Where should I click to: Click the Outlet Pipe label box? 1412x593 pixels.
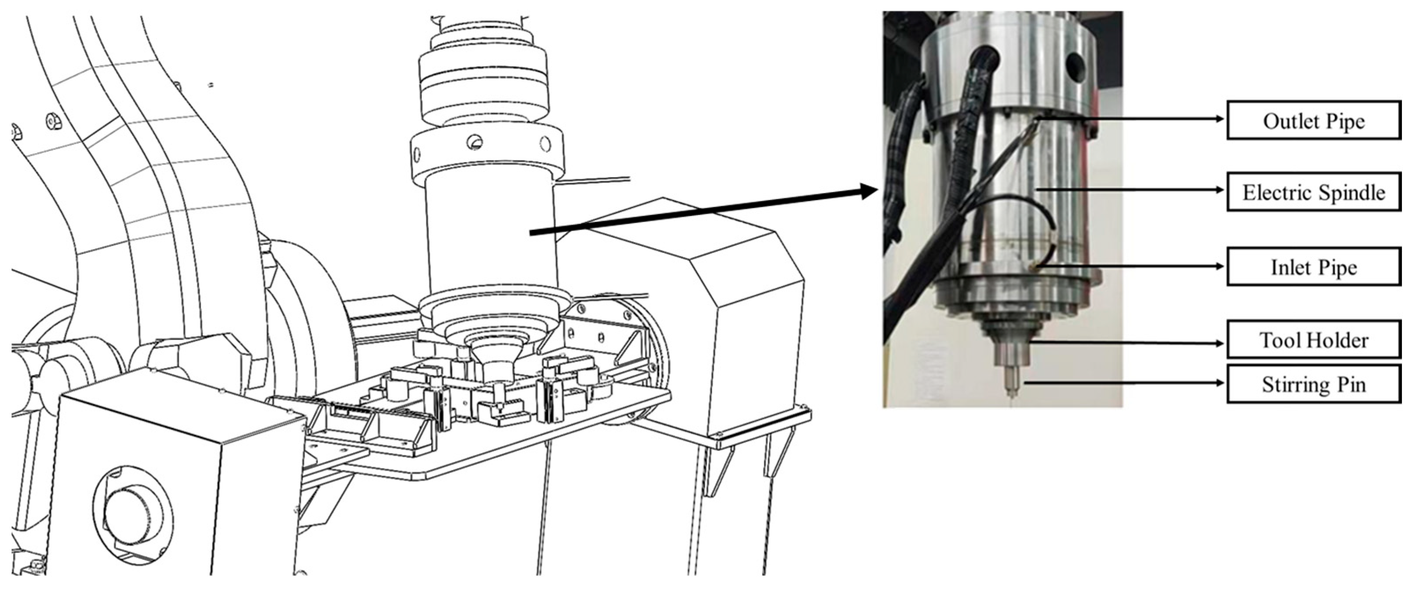[x=1313, y=120]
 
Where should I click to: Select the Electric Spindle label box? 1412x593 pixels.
[x=1313, y=192]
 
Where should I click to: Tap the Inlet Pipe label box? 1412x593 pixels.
[x=1313, y=267]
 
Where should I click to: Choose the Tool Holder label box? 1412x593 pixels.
[x=1313, y=340]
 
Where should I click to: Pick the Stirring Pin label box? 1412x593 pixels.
[x=1313, y=384]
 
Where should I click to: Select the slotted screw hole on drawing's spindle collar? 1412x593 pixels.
[x=475, y=143]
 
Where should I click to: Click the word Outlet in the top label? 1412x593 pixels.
[x=1285, y=120]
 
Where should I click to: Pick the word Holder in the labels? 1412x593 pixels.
[x=1341, y=341]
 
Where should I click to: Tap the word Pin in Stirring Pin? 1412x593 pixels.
[x=1350, y=385]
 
